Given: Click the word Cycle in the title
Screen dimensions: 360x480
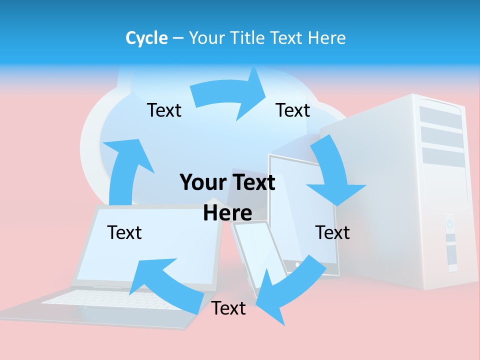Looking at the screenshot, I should point(146,38).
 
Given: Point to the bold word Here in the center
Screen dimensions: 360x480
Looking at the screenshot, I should point(227,213).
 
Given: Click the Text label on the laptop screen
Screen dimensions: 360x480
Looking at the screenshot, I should point(124,232).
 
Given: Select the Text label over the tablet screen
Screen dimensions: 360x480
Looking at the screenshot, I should point(332,232).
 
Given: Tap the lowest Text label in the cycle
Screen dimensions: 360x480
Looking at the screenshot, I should point(228,308).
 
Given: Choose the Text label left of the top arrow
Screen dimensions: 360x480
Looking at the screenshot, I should point(164,110).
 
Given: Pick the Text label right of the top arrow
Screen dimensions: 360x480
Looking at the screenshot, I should point(293,110).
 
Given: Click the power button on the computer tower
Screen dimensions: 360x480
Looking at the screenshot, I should point(449,223).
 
